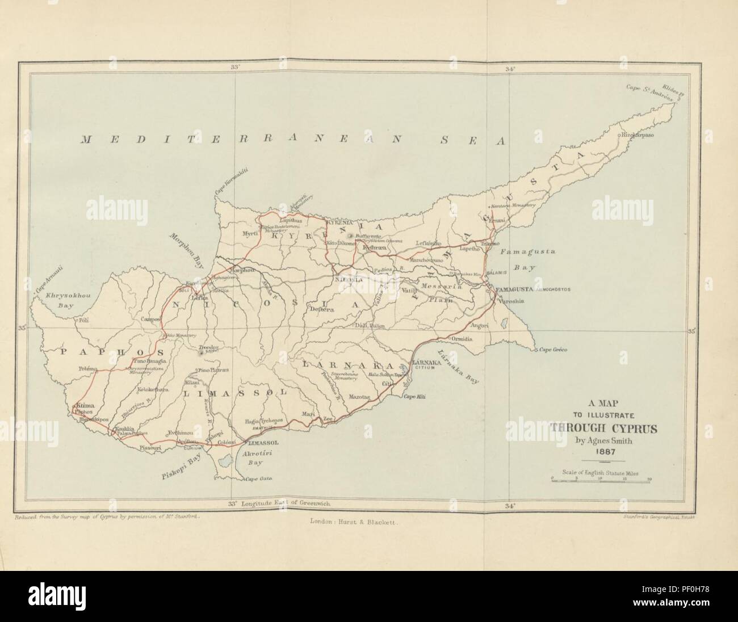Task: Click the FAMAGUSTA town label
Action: pos(513,289)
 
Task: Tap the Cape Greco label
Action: pos(553,350)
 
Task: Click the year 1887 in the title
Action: pos(606,452)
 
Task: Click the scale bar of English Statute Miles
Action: pos(601,481)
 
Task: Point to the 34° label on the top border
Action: pos(510,69)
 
